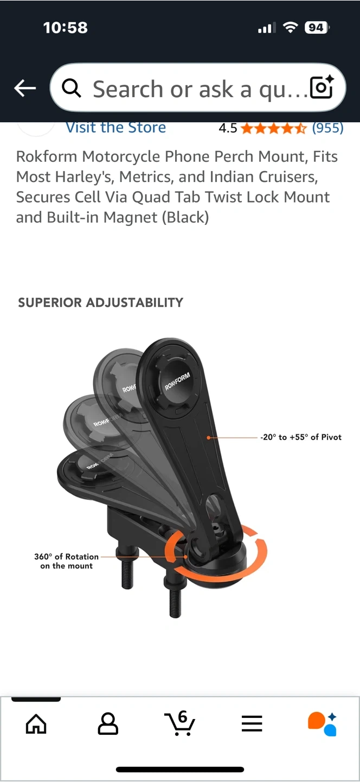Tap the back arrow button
[25, 87]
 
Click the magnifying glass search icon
[72, 88]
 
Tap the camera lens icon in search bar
[322, 87]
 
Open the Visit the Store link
[115, 128]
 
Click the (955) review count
[327, 128]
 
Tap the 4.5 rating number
[228, 128]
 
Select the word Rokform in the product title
[47, 156]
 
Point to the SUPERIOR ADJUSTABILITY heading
[101, 302]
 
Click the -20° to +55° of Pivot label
[301, 437]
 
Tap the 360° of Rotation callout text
[67, 561]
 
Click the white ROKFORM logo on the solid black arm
[178, 381]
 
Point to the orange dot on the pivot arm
[208, 438]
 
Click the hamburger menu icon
[252, 723]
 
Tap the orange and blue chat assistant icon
[323, 724]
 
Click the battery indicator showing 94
[317, 28]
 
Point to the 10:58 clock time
[66, 28]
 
